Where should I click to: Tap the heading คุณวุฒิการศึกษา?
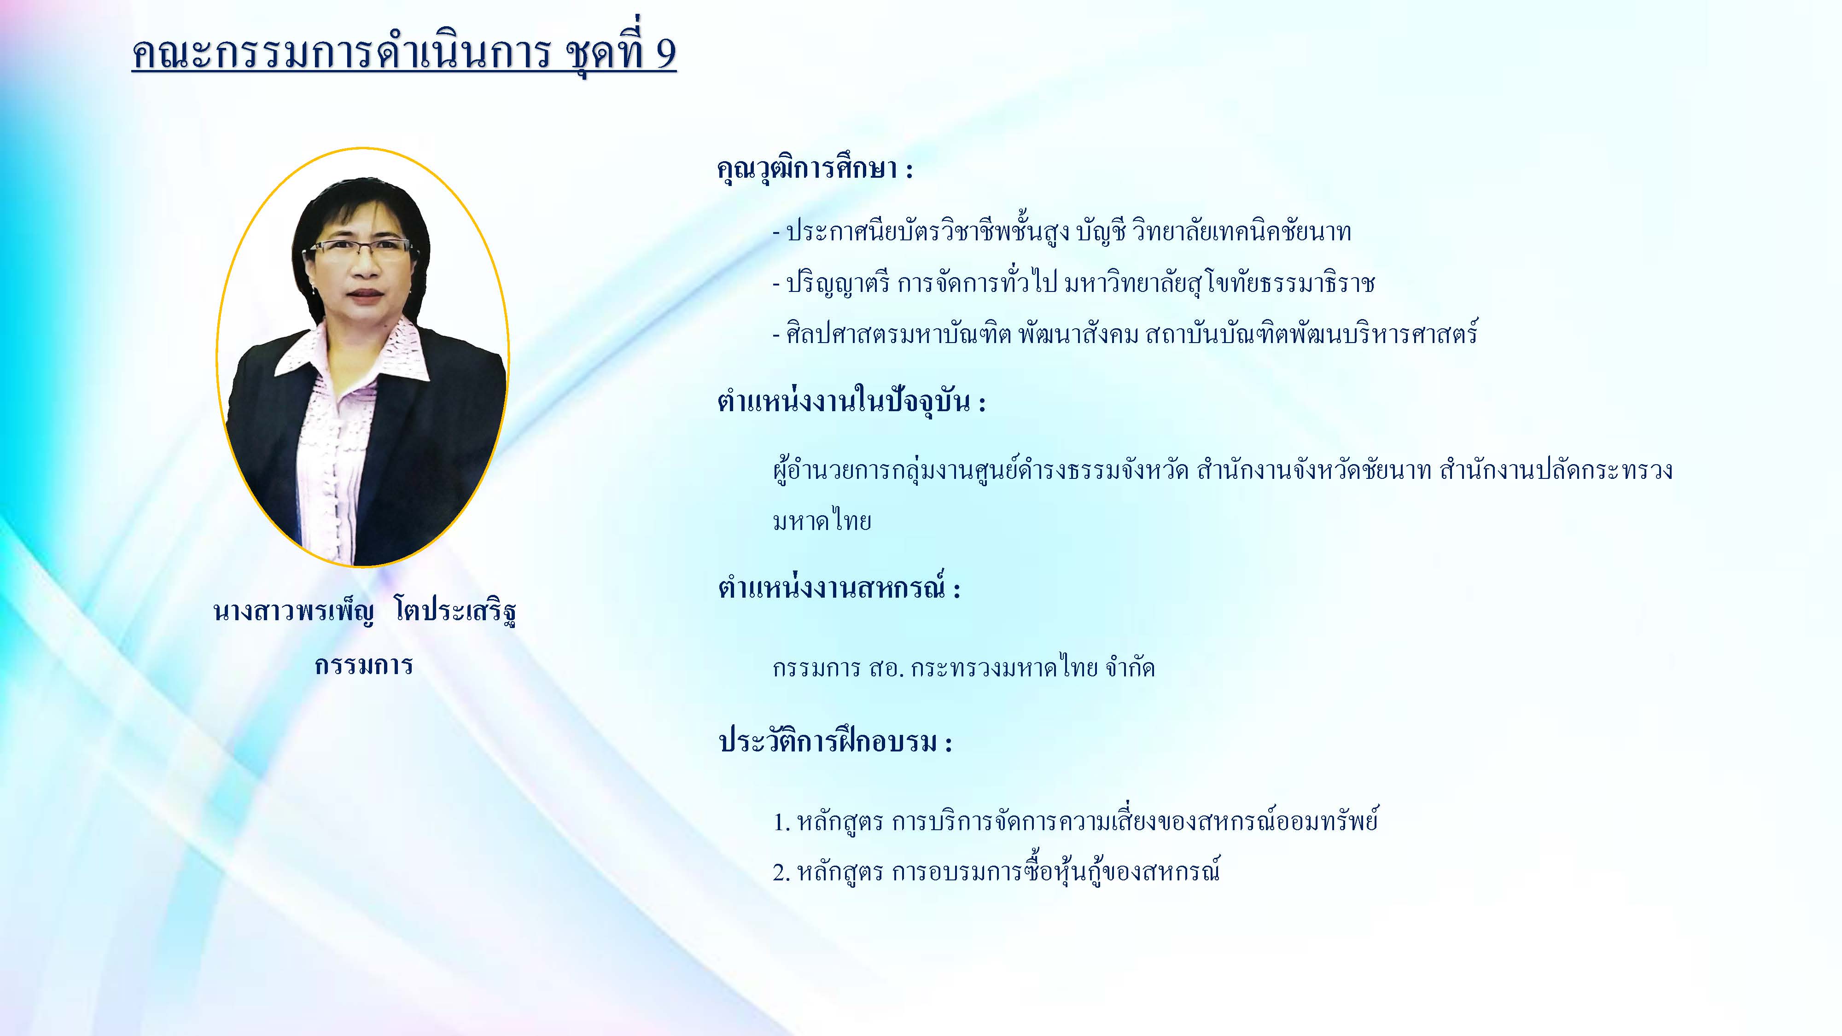pos(807,169)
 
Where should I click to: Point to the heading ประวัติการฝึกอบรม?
pos(828,741)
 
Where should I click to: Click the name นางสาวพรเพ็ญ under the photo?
pos(293,612)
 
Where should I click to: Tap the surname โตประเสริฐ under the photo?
pos(455,612)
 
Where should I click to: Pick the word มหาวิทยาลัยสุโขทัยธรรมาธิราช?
pos(1219,283)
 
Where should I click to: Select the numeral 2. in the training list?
pos(781,872)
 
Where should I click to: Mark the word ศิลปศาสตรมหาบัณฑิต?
pos(899,334)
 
